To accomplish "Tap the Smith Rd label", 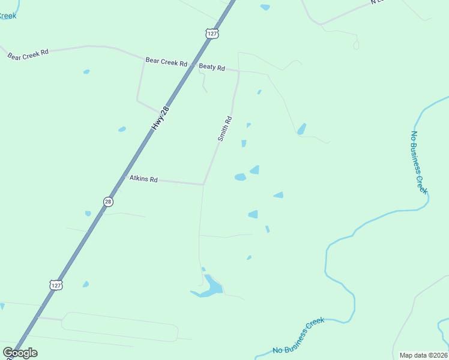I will point(224,128).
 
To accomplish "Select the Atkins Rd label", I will point(144,179).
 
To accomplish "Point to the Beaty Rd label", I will point(212,68).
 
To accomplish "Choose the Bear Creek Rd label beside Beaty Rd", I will point(166,62).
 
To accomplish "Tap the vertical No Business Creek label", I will point(418,162).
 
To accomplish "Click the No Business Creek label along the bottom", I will point(298,336).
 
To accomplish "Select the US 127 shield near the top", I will point(211,34).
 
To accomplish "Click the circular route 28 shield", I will point(107,202).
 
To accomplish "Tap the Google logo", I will point(20,353).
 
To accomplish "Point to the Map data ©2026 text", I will point(424,355).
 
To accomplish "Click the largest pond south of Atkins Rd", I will point(210,286).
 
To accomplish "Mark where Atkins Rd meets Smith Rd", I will point(204,184).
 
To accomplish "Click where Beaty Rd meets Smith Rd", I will point(239,71).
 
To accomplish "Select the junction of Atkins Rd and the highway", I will point(119,178).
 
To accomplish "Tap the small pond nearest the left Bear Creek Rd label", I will point(86,72).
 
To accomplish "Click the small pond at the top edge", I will point(265,7).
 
